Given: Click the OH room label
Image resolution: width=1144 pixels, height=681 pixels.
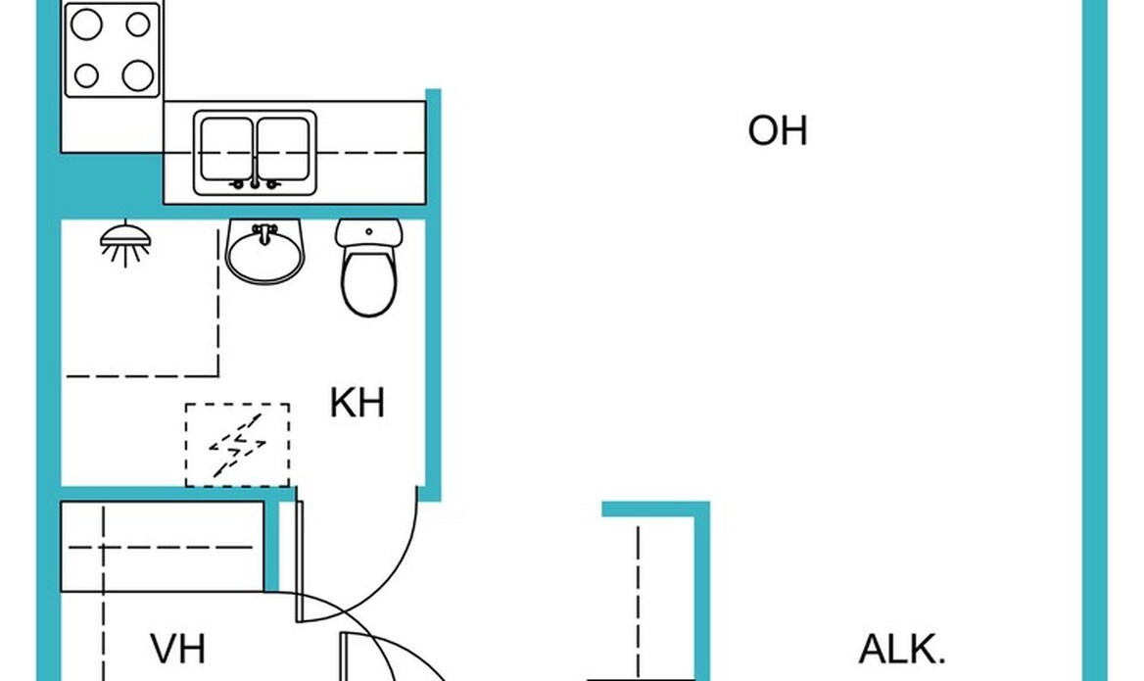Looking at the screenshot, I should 777,130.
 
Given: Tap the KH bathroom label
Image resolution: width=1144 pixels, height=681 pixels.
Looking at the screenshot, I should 357,403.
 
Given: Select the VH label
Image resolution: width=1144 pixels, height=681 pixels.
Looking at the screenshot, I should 178,649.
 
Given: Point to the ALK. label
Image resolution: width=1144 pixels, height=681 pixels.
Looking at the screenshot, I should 902,649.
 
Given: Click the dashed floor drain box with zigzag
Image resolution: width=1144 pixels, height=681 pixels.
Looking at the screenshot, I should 238,445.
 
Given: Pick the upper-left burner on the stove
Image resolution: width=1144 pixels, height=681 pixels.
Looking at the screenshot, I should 88,26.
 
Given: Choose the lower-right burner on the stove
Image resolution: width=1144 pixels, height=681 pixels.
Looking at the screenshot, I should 138,74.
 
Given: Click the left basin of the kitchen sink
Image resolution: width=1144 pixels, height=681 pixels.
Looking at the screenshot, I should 226,148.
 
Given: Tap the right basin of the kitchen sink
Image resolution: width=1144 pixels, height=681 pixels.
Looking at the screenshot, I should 283,148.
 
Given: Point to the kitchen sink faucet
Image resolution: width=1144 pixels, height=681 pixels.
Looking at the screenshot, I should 255,182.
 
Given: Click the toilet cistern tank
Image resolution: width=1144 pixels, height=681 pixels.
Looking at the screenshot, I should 368,233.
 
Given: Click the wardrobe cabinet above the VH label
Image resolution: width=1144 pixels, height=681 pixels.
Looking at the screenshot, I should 163,547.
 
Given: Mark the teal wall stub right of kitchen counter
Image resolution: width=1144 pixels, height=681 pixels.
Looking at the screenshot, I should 433,147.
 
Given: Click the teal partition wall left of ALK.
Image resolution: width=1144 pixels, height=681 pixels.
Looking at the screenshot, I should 701,588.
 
